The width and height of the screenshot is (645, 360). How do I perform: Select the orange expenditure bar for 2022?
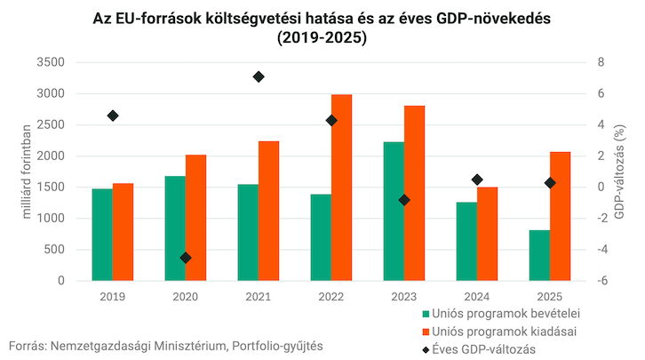[x=341, y=188]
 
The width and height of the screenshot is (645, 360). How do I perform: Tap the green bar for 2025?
[x=539, y=255]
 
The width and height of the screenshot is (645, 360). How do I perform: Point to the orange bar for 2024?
[x=488, y=234]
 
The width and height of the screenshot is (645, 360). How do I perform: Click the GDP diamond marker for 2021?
[x=259, y=76]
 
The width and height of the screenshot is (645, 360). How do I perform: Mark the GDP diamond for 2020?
[x=186, y=258]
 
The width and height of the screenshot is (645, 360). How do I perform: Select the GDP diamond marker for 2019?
[x=113, y=116]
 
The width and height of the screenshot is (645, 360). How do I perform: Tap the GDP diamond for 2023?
[x=404, y=200]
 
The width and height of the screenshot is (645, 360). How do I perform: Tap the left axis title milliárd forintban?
[x=27, y=172]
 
